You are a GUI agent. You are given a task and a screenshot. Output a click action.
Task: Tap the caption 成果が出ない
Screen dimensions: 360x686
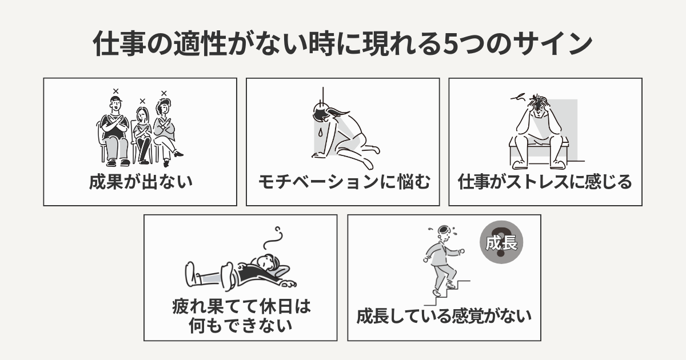pos(140,182)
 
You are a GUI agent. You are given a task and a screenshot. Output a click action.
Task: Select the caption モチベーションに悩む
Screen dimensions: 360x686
pos(343,182)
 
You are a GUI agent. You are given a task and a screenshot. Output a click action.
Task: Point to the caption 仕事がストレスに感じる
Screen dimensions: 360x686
pos(545,182)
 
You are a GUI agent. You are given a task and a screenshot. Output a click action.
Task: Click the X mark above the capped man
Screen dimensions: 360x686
pos(115,91)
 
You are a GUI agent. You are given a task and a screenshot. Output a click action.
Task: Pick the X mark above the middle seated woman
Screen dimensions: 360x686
pos(142,101)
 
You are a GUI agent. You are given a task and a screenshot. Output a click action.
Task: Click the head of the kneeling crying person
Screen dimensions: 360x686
pos(320,111)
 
